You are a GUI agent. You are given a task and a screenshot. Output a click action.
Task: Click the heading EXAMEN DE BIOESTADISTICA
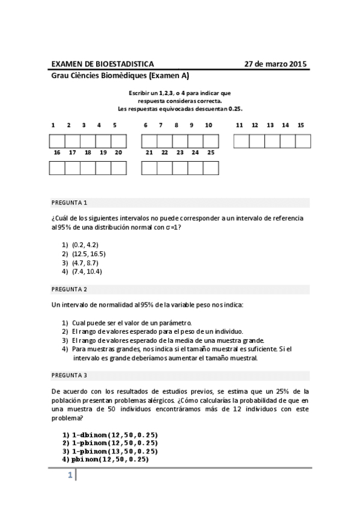click(102, 64)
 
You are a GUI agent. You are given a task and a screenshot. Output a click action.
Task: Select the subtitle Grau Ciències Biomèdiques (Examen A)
click(120, 76)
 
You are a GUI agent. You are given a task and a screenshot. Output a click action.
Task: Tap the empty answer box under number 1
click(56, 141)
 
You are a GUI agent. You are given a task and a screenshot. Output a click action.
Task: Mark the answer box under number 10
click(210, 141)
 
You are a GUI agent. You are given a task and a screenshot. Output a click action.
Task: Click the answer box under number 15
click(303, 141)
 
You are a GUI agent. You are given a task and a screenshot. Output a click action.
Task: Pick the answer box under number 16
click(56, 168)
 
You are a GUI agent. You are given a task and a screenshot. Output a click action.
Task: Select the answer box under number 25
click(210, 168)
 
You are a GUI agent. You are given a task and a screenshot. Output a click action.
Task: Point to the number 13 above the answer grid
click(270, 126)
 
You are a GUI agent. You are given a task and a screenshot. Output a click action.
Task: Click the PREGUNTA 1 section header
click(69, 203)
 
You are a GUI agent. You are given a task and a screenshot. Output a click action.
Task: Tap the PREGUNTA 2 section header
click(69, 289)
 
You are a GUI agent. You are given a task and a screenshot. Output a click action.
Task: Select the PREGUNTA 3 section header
click(69, 375)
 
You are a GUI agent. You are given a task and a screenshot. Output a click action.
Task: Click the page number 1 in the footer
click(70, 476)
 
